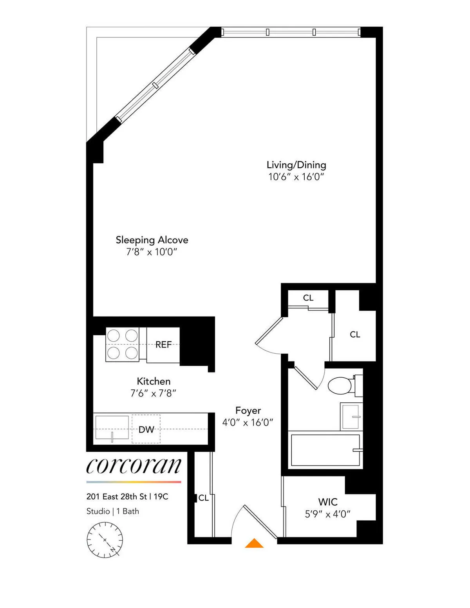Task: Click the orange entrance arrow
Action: pyautogui.click(x=254, y=543)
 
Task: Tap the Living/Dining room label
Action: pyautogui.click(x=296, y=165)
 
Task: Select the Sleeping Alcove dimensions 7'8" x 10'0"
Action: pyautogui.click(x=152, y=252)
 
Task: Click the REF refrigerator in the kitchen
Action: pyautogui.click(x=163, y=345)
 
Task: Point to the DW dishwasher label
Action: pyautogui.click(x=146, y=429)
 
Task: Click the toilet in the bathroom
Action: pyautogui.click(x=340, y=385)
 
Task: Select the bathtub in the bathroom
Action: pyautogui.click(x=325, y=450)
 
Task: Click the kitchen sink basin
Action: pyautogui.click(x=112, y=428)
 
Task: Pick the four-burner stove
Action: pyautogui.click(x=123, y=344)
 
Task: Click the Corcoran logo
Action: pyautogui.click(x=134, y=466)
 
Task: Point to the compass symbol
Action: pyautogui.click(x=105, y=540)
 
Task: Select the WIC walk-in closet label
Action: pyautogui.click(x=328, y=502)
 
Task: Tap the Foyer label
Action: pyautogui.click(x=248, y=411)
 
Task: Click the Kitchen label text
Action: pyautogui.click(x=154, y=381)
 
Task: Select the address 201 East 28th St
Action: pyautogui.click(x=116, y=497)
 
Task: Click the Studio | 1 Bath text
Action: pyautogui.click(x=113, y=511)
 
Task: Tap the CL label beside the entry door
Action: pyautogui.click(x=203, y=498)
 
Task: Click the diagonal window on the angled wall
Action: pyautogui.click(x=155, y=85)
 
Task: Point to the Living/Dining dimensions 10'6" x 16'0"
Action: pyautogui.click(x=296, y=177)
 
